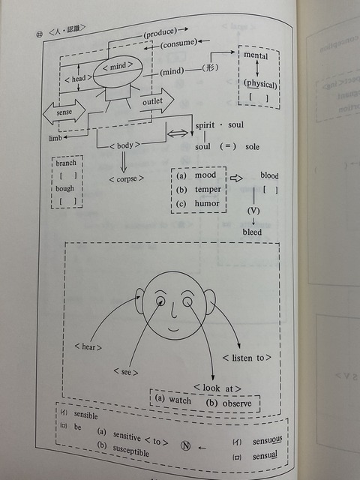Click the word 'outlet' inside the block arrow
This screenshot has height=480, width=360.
[x=152, y=101]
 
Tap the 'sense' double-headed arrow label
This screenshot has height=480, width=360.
[x=64, y=112]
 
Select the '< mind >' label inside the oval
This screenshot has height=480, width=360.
[x=118, y=66]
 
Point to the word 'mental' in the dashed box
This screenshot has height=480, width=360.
[x=256, y=55]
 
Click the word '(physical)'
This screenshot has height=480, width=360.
[x=260, y=83]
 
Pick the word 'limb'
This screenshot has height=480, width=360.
[x=55, y=138]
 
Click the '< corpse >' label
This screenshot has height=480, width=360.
[x=127, y=178]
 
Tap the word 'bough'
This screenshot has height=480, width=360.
[x=64, y=188]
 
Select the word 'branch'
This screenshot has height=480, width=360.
[x=66, y=163]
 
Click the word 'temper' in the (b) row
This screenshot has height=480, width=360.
[x=208, y=190]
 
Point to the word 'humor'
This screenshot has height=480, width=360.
[x=207, y=203]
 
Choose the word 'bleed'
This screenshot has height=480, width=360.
[x=252, y=232]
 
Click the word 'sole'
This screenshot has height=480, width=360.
[x=252, y=147]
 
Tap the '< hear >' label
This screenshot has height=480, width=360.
[x=88, y=346]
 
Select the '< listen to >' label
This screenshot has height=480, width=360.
[x=247, y=358]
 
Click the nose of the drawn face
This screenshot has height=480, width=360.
[x=173, y=310]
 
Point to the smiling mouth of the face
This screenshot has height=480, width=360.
[x=173, y=330]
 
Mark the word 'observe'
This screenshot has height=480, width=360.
[x=237, y=403]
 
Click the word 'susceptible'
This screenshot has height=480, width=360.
[x=130, y=450]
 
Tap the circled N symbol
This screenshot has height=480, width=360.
[x=185, y=445]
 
